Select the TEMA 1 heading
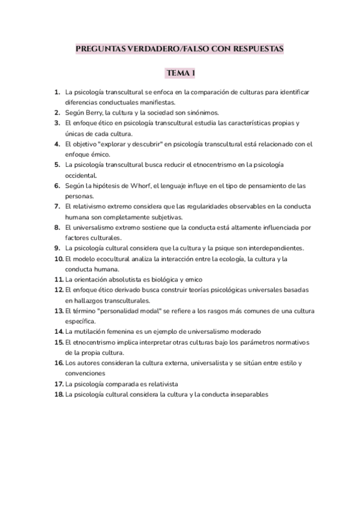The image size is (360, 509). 181,73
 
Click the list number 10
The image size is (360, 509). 59,259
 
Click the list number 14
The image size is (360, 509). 59,331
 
